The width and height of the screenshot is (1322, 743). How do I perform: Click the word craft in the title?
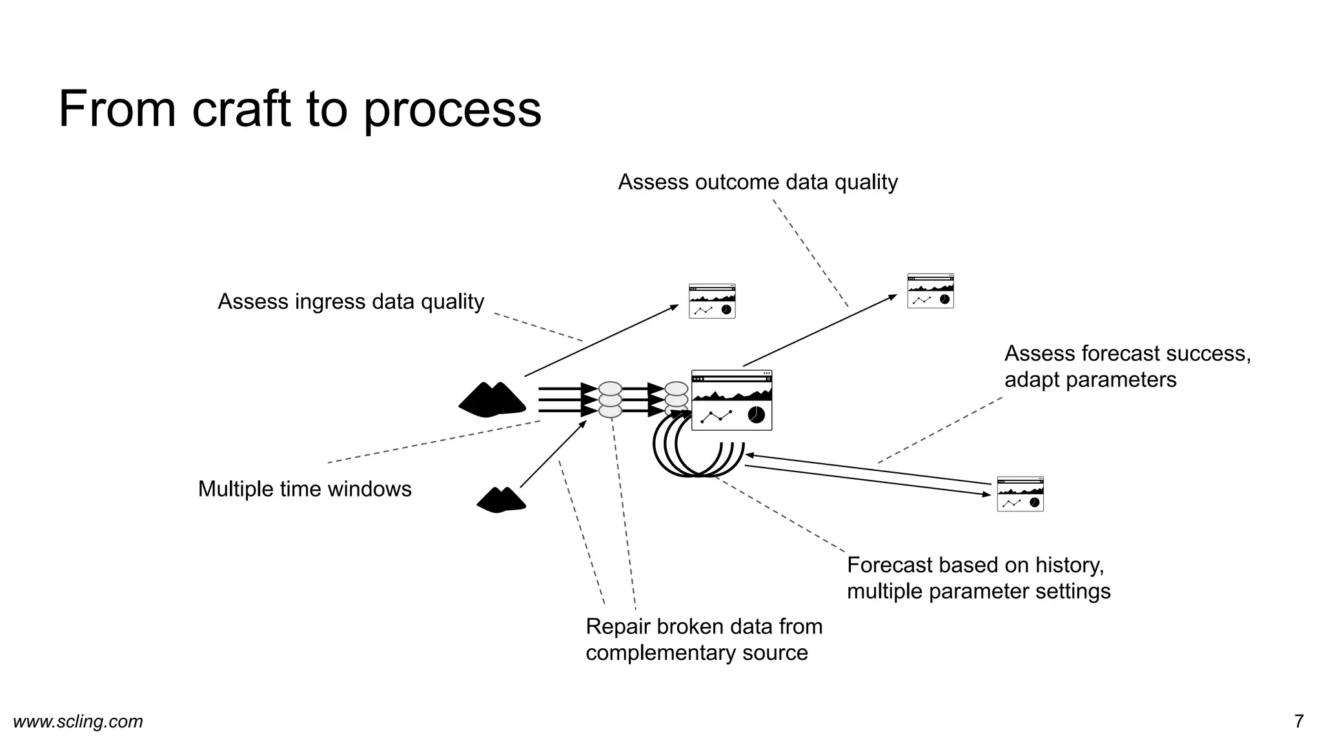coord(241,109)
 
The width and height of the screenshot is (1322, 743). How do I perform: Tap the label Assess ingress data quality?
coord(351,302)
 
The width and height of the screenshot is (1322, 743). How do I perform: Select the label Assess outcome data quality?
coord(757,183)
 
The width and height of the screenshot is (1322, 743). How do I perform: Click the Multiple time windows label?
coord(304,489)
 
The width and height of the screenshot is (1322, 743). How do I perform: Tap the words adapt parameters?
coord(1090,380)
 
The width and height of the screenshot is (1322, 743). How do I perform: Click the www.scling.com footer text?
coord(78,721)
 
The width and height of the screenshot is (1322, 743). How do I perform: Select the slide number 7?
coord(1298,721)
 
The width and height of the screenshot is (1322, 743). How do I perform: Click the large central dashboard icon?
coord(731,400)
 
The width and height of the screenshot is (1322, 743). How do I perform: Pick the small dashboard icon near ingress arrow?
coord(712,301)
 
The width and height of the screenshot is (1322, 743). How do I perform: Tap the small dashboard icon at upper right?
coord(930,291)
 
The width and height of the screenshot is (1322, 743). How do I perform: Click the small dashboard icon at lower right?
coord(1020,494)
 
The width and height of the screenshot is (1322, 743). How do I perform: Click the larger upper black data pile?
coord(492,400)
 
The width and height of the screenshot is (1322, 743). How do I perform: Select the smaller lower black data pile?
coord(501,500)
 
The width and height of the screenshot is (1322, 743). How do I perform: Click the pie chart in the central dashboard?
coord(756,415)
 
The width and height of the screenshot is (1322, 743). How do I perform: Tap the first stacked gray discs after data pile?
coord(610,400)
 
